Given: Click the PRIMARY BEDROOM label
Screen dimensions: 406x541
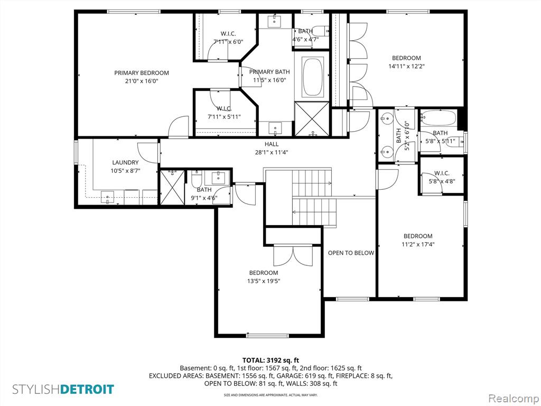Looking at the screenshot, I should (x=142, y=73).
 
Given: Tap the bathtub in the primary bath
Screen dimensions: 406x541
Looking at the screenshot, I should (x=312, y=77).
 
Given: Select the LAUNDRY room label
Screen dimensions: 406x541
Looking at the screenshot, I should (x=125, y=162).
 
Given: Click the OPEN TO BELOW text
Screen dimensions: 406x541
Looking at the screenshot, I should (x=351, y=253).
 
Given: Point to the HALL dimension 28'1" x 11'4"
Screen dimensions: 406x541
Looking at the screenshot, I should (x=272, y=152).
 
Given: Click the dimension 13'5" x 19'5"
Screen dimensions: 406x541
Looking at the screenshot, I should (x=264, y=281).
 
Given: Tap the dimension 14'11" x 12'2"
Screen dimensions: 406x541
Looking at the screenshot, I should (x=406, y=67).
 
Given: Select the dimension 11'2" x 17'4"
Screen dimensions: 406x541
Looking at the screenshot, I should (x=418, y=244).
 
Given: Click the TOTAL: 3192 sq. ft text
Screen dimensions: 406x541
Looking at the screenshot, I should (x=270, y=360).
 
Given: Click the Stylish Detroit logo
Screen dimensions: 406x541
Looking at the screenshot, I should (x=63, y=390).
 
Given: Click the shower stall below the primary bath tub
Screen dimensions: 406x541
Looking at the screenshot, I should (x=312, y=119).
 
